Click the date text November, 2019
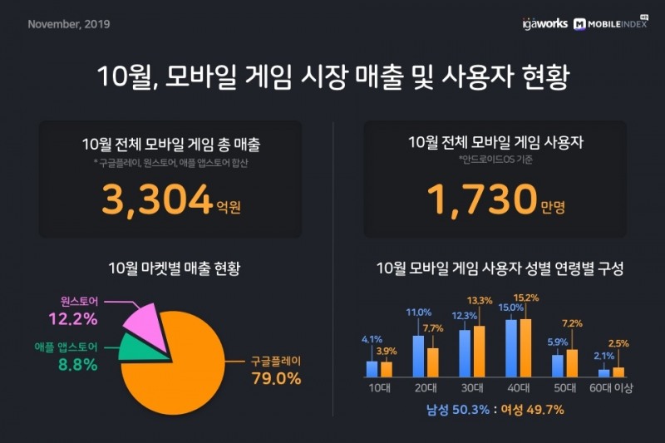[x=69, y=24]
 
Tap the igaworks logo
[x=544, y=24]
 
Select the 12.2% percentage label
[x=78, y=318]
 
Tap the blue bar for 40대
[x=512, y=347]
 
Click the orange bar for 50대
[x=571, y=362]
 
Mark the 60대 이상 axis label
[x=611, y=386]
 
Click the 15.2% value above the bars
[x=526, y=298]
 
